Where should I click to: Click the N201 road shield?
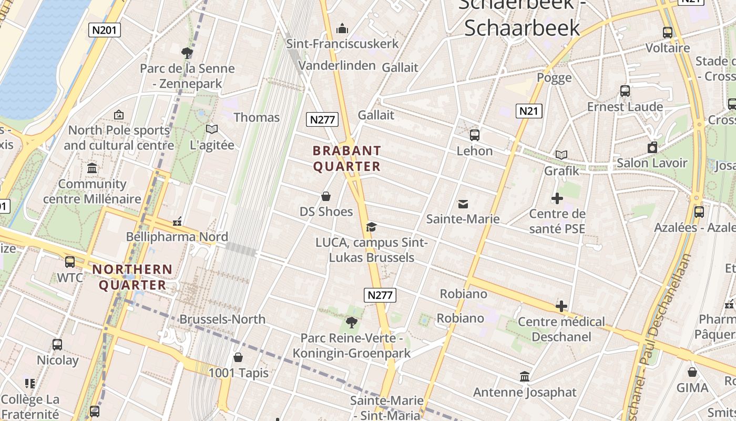(104, 30)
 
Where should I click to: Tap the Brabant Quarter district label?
(346, 158)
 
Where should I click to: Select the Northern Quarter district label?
(132, 277)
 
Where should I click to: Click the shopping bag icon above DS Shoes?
(326, 197)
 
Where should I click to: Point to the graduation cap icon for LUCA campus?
(372, 227)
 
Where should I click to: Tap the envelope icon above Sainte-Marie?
(463, 204)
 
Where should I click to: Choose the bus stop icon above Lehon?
(475, 135)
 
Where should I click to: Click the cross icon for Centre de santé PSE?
(557, 198)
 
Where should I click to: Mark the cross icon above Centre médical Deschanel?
(561, 306)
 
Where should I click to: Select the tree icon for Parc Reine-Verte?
(351, 322)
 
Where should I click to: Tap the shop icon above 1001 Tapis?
(238, 358)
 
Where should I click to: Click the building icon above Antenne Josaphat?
(525, 377)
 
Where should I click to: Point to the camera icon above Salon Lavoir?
(652, 147)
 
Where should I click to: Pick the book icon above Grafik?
(561, 155)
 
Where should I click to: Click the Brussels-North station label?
(222, 319)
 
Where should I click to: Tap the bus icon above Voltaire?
(668, 32)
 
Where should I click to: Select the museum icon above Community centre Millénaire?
(92, 168)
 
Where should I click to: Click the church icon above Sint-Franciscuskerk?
(343, 28)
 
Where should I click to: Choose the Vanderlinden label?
(337, 65)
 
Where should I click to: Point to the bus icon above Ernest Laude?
(625, 91)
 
